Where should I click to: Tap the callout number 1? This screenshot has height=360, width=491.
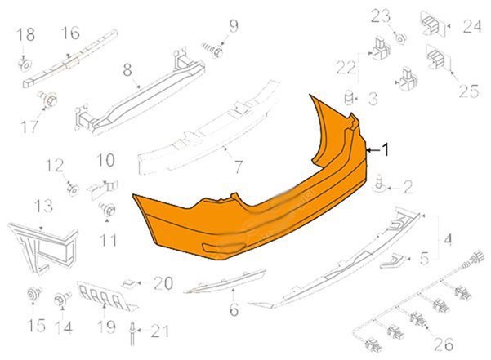coord(386,150)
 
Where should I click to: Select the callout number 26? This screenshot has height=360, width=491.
coord(444,344)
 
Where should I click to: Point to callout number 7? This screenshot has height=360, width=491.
coord(239,167)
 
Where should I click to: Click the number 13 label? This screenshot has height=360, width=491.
coord(43,207)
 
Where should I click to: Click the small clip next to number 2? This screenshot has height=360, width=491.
coord(379,184)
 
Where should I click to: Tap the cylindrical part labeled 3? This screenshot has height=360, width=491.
coord(348,97)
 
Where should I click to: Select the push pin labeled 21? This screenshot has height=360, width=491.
coord(132,335)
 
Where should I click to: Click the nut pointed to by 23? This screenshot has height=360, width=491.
coord(400,39)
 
